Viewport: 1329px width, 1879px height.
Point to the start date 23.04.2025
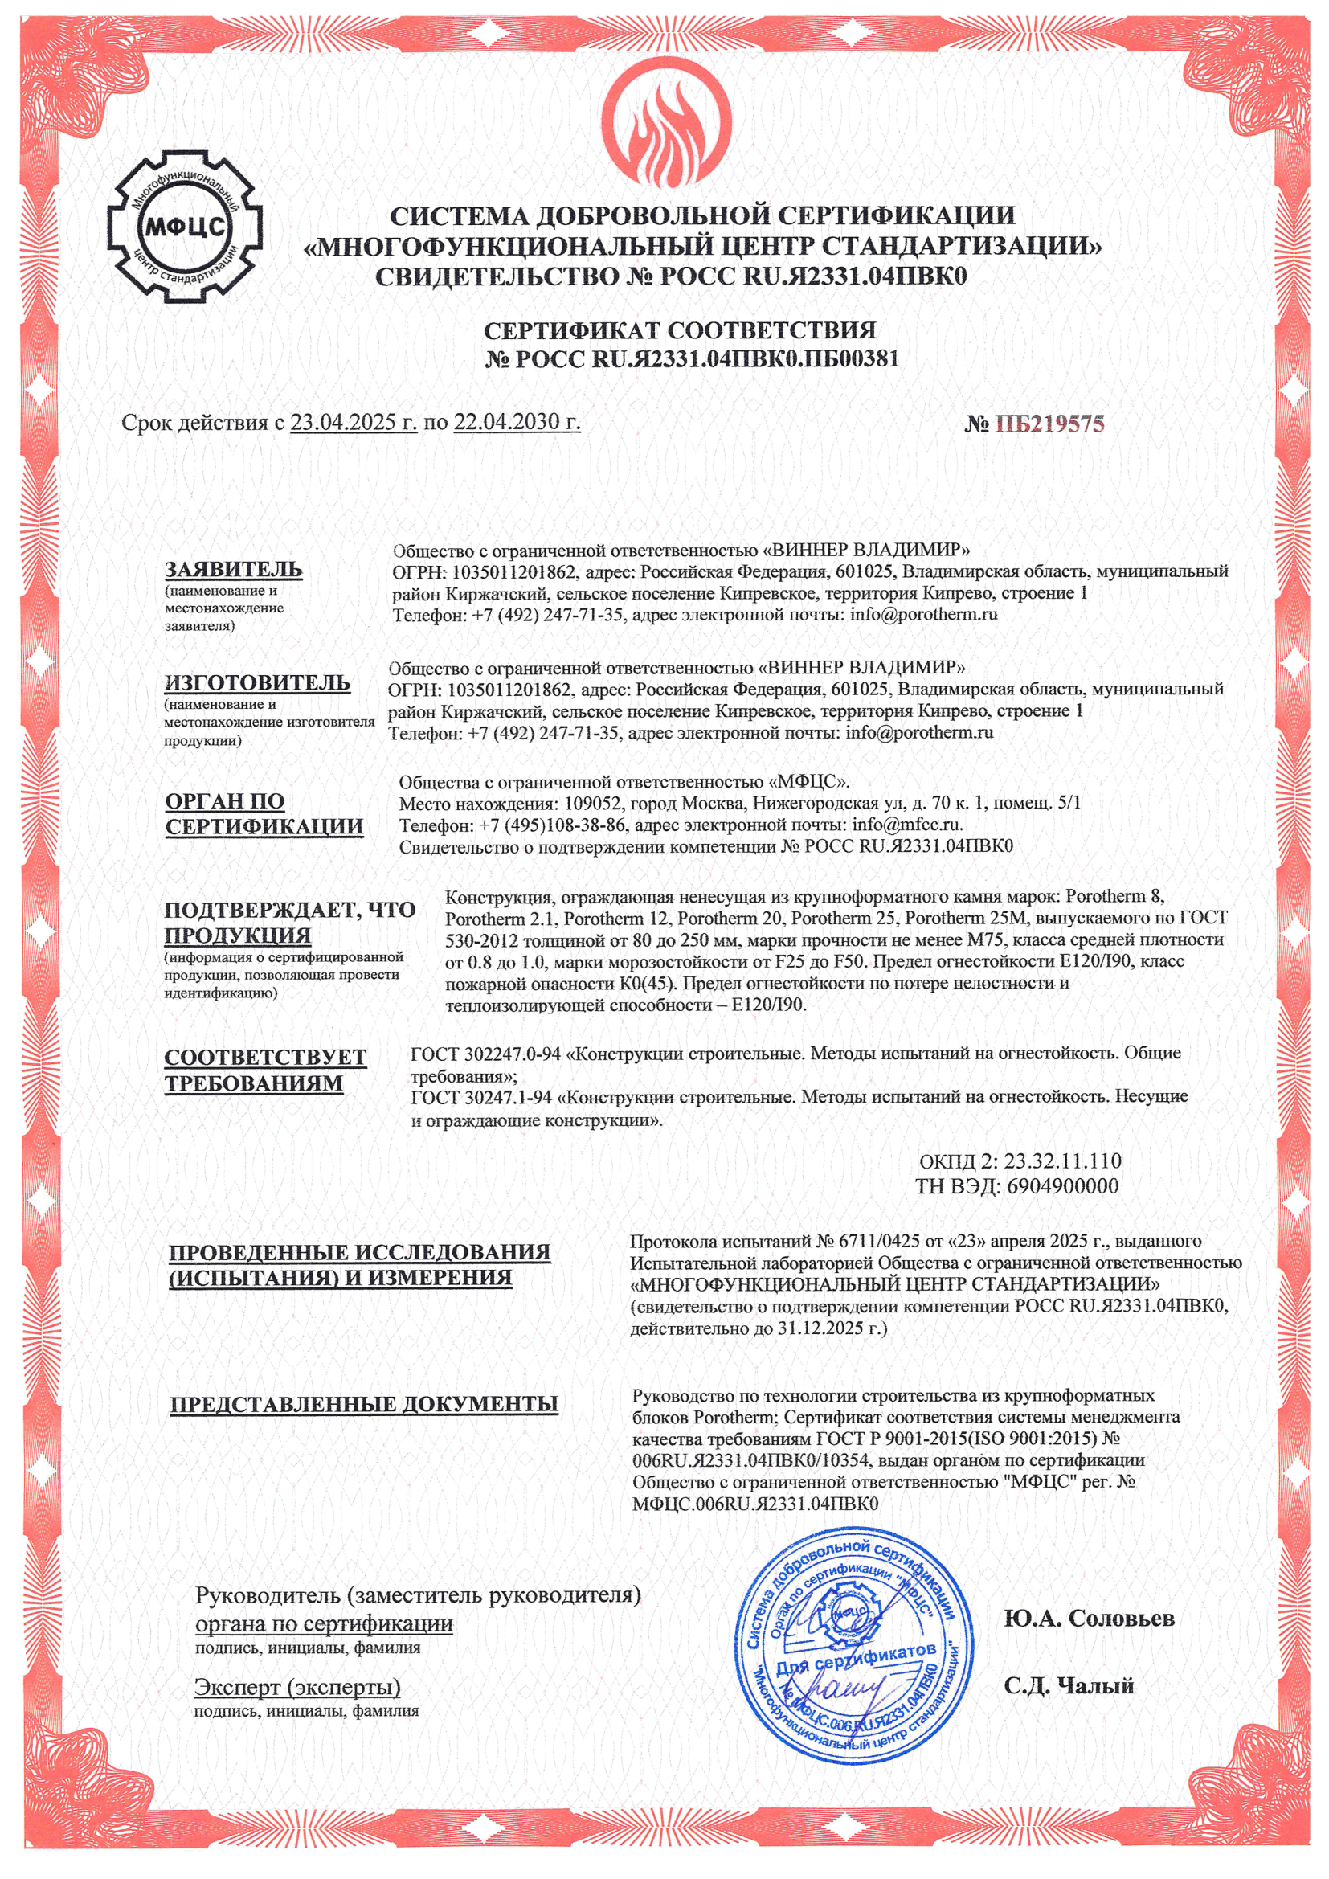(354, 422)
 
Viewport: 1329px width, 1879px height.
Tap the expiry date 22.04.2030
(517, 422)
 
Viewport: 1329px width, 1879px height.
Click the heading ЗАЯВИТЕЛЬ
(233, 569)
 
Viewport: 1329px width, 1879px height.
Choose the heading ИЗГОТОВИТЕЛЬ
(257, 682)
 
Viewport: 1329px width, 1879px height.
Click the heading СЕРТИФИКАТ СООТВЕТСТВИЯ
(679, 330)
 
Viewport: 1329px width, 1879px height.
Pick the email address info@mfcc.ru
(906, 824)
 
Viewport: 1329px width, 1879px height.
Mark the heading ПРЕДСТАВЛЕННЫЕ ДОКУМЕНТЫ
(364, 1404)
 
